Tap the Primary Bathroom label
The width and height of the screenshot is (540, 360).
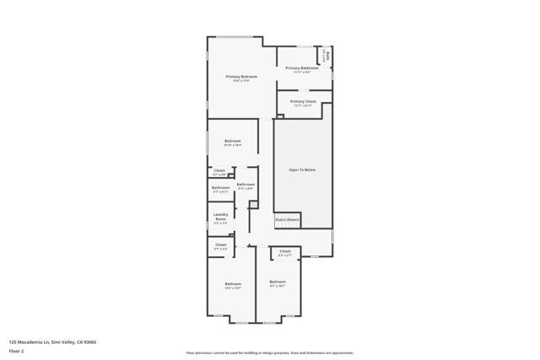pyautogui.click(x=301, y=67)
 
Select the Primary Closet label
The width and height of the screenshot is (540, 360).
pyautogui.click(x=302, y=101)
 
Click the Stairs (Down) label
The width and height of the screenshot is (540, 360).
pyautogui.click(x=287, y=219)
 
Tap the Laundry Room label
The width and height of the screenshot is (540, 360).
pyautogui.click(x=220, y=217)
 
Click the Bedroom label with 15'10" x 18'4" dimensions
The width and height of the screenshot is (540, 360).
pyautogui.click(x=232, y=141)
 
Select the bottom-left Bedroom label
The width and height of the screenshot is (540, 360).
pyautogui.click(x=233, y=284)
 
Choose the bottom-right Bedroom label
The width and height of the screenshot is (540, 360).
pyautogui.click(x=278, y=281)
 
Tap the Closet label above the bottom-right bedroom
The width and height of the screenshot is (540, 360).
pyautogui.click(x=285, y=250)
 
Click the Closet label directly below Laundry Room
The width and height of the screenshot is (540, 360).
pyautogui.click(x=220, y=245)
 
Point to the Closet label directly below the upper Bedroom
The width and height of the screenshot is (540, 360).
pyautogui.click(x=219, y=170)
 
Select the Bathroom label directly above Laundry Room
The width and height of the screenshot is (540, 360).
pyautogui.click(x=220, y=187)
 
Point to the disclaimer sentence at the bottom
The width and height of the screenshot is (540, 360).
pyautogui.click(x=269, y=353)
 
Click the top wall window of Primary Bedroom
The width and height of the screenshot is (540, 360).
pyautogui.click(x=235, y=37)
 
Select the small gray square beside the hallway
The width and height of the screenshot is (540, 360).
pyautogui.click(x=252, y=203)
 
